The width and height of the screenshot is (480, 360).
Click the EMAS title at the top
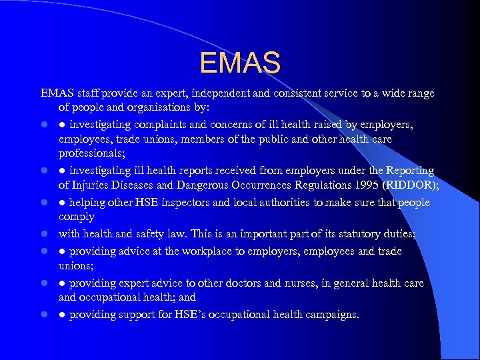(x=240, y=63)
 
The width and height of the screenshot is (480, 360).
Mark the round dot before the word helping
(x=62, y=203)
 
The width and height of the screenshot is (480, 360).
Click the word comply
(x=77, y=217)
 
